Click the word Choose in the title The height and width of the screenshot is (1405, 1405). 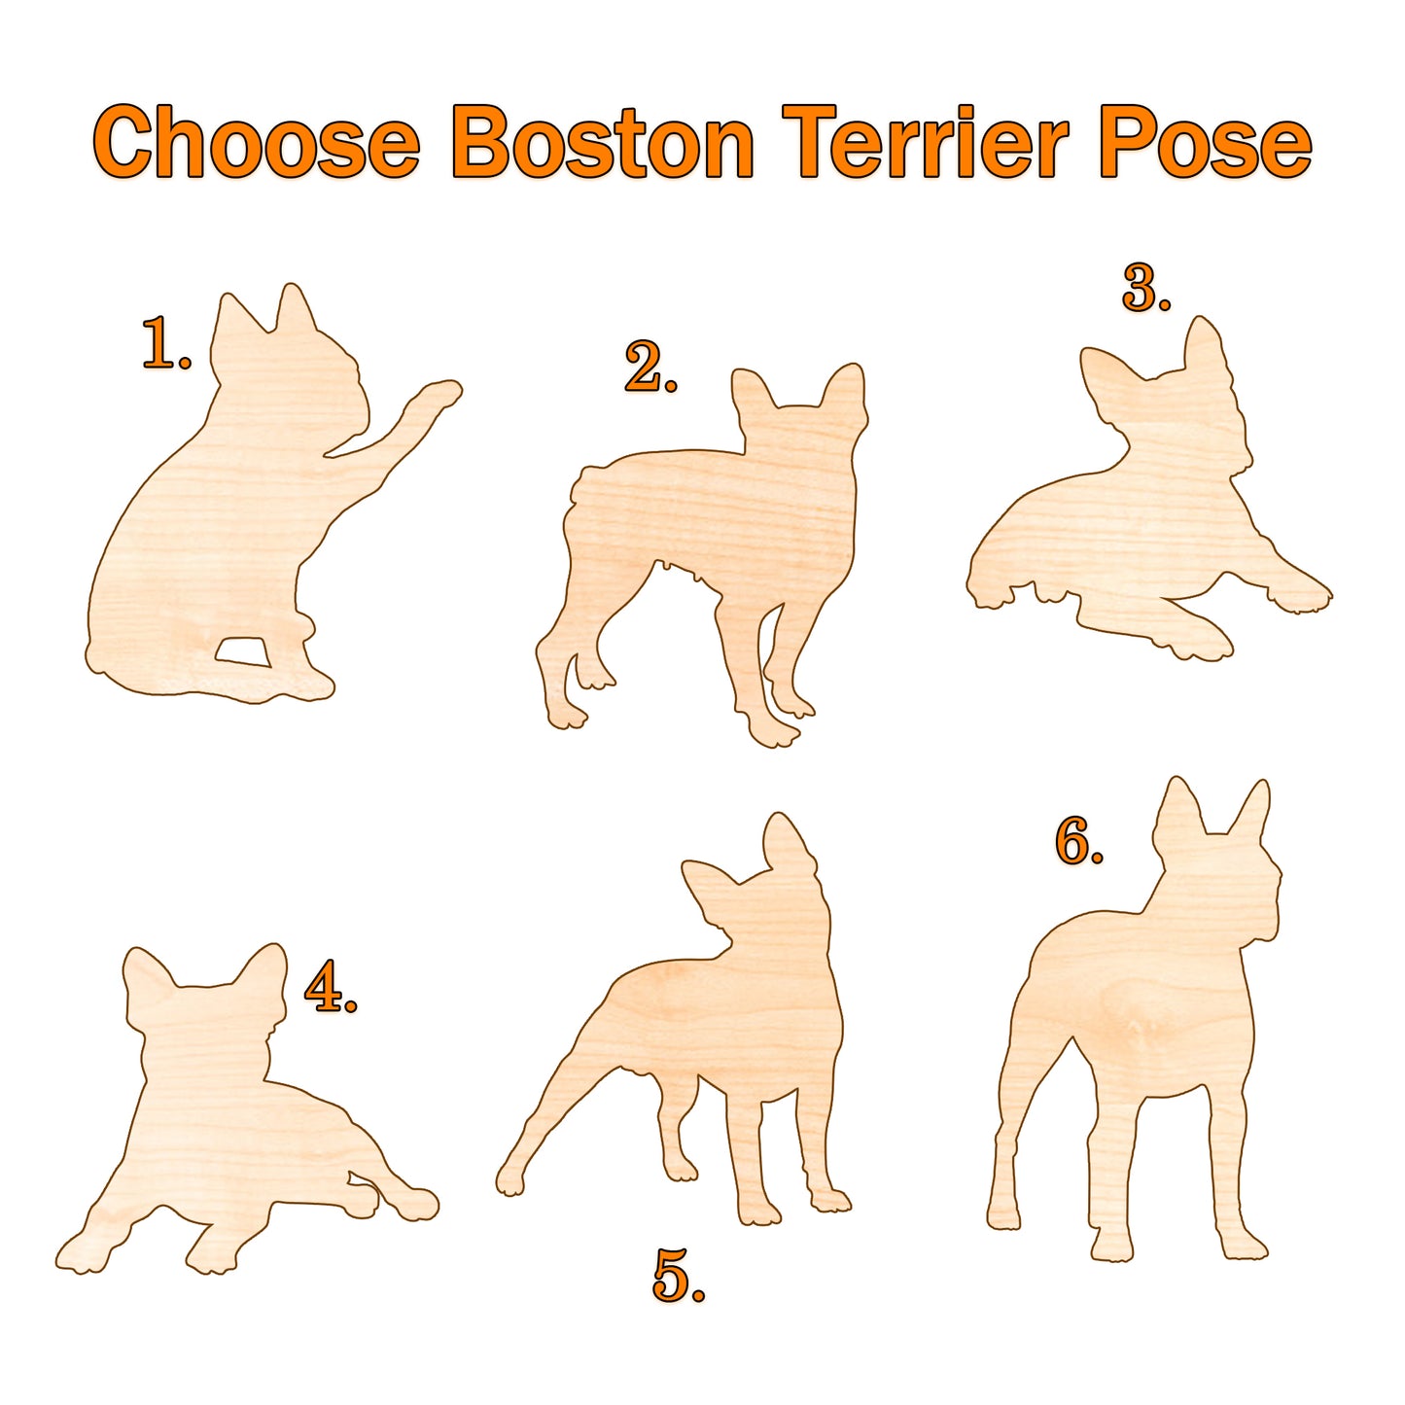257,143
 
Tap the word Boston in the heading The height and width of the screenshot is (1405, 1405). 602,143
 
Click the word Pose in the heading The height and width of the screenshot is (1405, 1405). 1205,143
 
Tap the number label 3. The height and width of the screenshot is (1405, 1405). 1144,289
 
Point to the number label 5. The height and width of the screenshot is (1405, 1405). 677,1276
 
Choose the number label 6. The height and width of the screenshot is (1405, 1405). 1077,842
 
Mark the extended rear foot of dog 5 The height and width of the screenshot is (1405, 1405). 510,1178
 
